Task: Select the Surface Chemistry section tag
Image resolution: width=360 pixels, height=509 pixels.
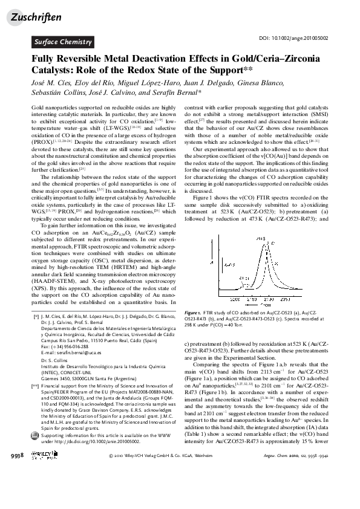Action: (62, 42)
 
